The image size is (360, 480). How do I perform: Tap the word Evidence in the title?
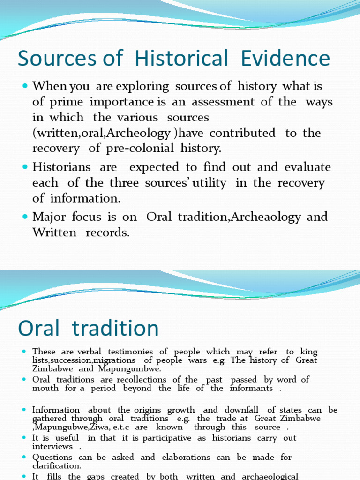(x=285, y=59)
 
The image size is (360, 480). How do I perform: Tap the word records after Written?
(x=107, y=232)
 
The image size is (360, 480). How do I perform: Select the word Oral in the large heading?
(x=40, y=328)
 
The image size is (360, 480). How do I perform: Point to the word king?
(x=308, y=352)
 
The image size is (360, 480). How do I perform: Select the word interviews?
(x=52, y=446)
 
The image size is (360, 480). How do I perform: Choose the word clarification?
(x=56, y=466)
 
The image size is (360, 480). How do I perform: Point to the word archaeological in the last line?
(x=269, y=476)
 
